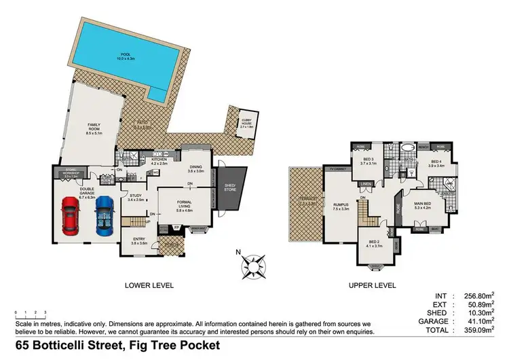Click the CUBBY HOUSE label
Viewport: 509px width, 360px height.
point(245,124)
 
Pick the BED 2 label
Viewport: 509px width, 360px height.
point(375,242)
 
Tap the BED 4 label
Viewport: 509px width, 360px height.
point(436,162)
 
